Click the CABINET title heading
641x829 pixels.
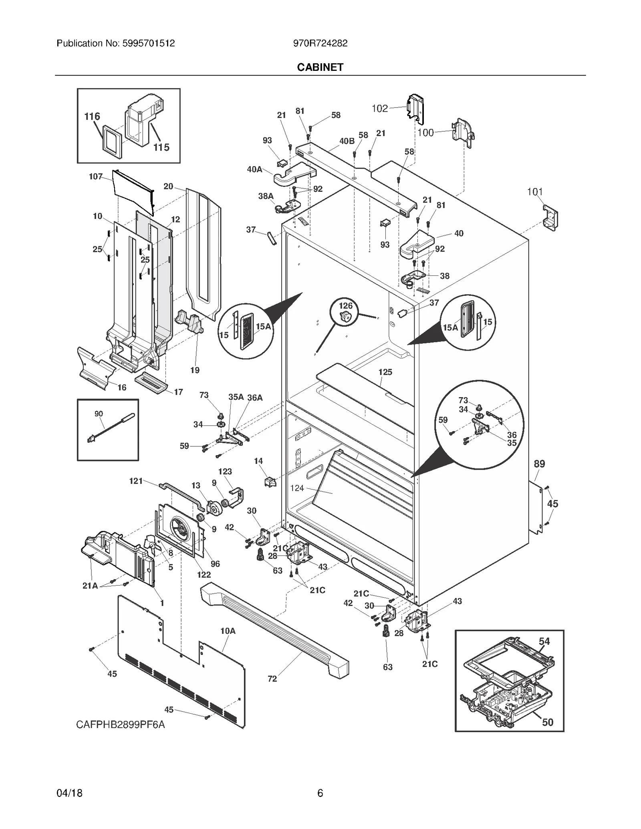click(x=320, y=67)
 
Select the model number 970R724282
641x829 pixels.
click(x=320, y=43)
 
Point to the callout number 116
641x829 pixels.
click(x=92, y=116)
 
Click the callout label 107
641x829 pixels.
click(x=96, y=177)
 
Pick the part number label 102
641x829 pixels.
click(x=379, y=108)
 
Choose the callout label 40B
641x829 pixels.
click(x=347, y=141)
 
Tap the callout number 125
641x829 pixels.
click(x=385, y=372)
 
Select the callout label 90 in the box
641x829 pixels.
click(x=99, y=413)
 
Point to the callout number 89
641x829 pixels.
click(x=539, y=464)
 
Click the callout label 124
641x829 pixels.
click(x=297, y=488)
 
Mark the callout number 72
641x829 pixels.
click(x=272, y=678)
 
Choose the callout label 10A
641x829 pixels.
click(x=228, y=631)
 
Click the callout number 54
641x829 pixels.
click(x=544, y=641)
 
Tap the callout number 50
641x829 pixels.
click(x=547, y=722)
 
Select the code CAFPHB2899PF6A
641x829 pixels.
click(x=121, y=725)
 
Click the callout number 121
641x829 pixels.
click(x=136, y=481)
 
